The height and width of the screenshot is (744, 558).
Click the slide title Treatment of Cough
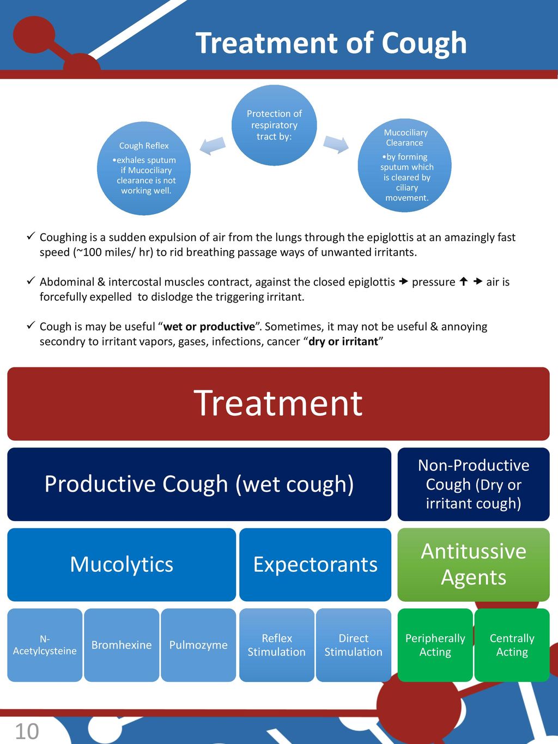(331, 43)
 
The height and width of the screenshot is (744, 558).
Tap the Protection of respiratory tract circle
(274, 125)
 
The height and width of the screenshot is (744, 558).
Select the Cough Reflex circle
(144, 168)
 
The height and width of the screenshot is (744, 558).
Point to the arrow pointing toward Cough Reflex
(213, 145)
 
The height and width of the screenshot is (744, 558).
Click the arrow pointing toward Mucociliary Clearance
(336, 144)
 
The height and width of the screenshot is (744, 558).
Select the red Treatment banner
(278, 403)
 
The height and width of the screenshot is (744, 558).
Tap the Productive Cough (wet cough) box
(199, 484)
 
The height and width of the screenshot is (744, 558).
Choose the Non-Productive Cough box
(473, 484)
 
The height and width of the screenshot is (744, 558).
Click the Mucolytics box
(122, 564)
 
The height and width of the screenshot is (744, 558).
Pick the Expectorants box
(315, 564)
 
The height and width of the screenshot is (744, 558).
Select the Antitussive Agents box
(473, 564)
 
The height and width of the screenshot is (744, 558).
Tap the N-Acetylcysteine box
(45, 645)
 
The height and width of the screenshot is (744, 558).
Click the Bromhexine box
(122, 645)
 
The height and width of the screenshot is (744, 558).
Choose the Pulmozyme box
(198, 645)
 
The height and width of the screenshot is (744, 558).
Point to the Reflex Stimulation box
(276, 645)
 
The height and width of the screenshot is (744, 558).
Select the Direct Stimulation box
(353, 645)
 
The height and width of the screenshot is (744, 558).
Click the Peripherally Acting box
(435, 645)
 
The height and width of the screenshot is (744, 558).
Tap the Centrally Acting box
(512, 645)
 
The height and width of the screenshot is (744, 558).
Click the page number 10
(27, 731)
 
